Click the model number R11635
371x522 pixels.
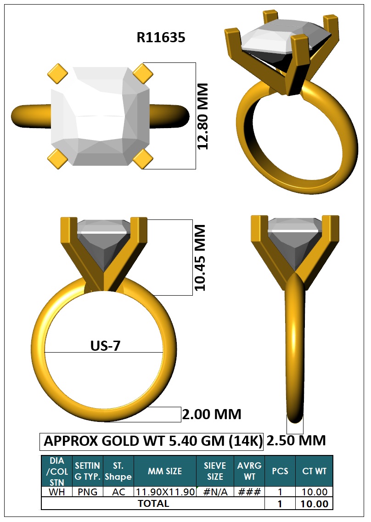(161, 37)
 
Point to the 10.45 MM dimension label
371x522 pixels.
(200, 258)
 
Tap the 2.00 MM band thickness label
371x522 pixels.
(212, 415)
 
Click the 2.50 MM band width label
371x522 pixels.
(296, 440)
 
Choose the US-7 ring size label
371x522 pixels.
(105, 346)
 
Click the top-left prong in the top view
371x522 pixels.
(57, 73)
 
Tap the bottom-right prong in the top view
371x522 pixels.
(143, 158)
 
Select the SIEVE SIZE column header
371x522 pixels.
(215, 471)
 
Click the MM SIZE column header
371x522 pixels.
(165, 471)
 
